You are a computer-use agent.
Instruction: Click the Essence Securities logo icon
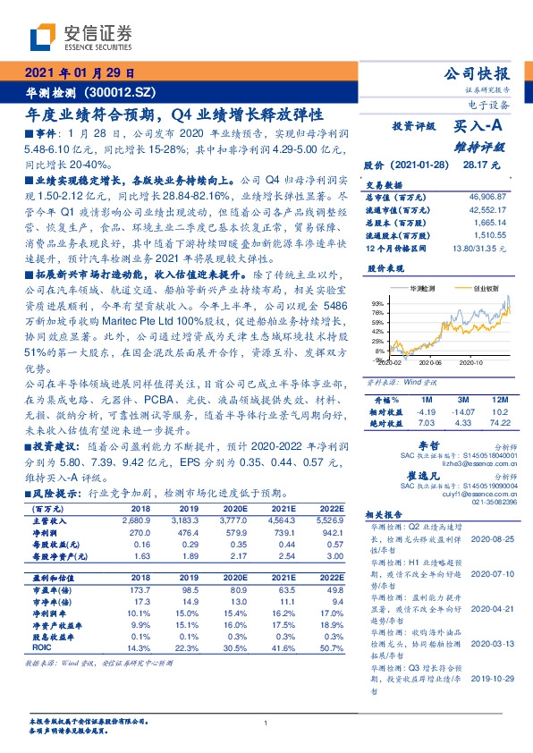[x=45, y=37]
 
